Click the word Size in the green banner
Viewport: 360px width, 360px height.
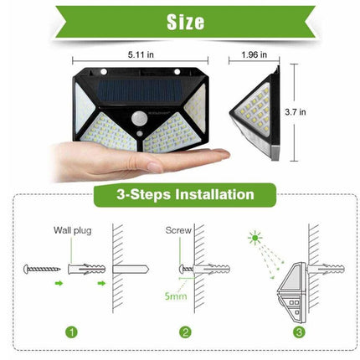(x=179, y=22)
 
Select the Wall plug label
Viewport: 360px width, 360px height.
(x=73, y=229)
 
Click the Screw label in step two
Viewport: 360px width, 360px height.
(x=178, y=229)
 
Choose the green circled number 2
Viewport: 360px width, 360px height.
(x=185, y=332)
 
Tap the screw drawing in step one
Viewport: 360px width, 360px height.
(x=42, y=269)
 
